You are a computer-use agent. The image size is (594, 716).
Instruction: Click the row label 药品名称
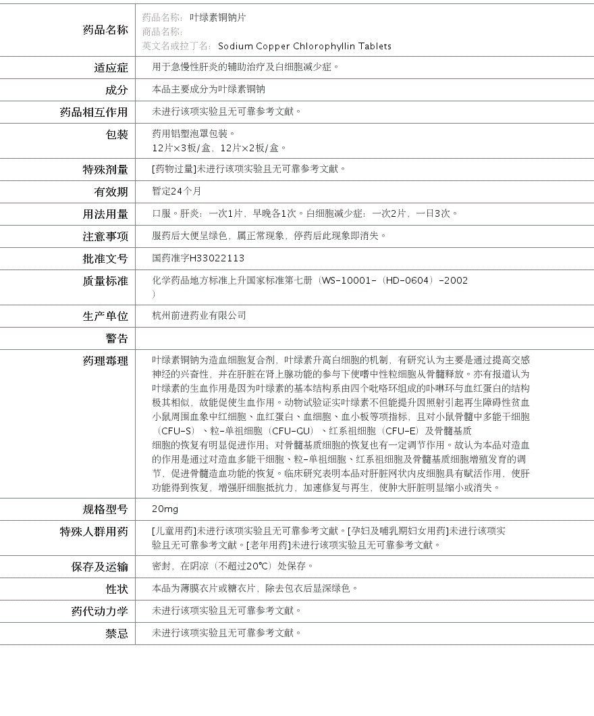coord(105,30)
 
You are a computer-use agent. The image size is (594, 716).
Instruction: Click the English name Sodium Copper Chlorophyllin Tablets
coord(304,47)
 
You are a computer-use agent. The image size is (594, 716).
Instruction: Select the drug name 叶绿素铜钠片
coord(217,18)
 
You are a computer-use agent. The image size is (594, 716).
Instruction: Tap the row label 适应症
coord(111,68)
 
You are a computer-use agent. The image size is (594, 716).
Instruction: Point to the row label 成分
coord(116,90)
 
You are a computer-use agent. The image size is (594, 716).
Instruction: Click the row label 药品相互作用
coord(94,112)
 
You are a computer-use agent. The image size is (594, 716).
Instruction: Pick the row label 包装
coord(116,134)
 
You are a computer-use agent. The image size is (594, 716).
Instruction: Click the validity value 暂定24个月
coord(176,192)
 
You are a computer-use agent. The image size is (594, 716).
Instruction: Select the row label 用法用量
coord(105,214)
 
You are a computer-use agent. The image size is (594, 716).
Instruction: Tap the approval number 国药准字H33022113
coord(198,258)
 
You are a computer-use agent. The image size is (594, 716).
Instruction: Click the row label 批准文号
coord(105,259)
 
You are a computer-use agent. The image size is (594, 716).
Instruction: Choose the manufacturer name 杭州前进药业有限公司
coord(199,315)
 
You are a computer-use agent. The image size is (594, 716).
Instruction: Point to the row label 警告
coord(116,338)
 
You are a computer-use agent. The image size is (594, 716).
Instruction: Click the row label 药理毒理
coord(105,361)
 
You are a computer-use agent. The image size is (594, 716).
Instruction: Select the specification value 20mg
coord(165,509)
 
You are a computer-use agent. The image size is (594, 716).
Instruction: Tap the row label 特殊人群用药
coord(94,532)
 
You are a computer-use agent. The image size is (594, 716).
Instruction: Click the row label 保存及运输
coord(99,567)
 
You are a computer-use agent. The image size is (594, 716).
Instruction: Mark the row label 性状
coord(116,589)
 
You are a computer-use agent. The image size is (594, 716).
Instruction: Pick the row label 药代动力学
coord(99,611)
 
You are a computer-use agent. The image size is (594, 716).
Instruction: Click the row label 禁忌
coord(116,634)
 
